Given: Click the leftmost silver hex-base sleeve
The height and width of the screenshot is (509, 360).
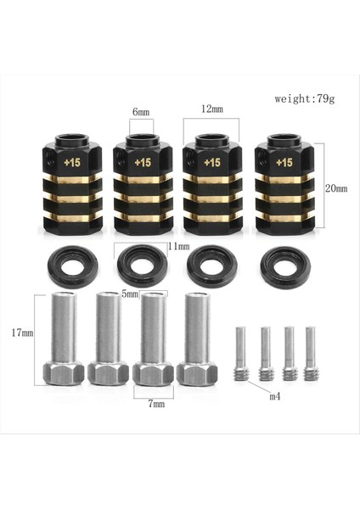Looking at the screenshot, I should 63,339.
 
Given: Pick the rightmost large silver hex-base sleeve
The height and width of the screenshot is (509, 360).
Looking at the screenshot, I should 197,339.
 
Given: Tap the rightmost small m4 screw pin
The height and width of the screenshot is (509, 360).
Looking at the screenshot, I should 310,352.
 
